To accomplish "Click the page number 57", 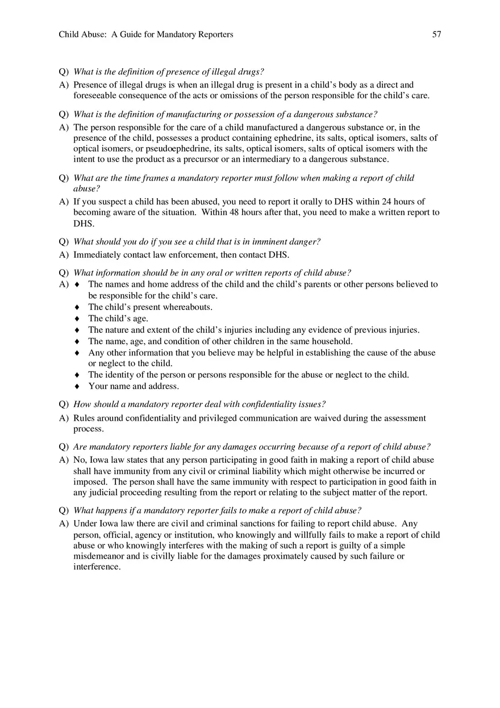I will [x=436, y=35].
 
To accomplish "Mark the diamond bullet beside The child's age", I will [x=77, y=319].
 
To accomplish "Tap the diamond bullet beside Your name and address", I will [x=77, y=387].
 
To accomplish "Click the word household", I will [x=330, y=341].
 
